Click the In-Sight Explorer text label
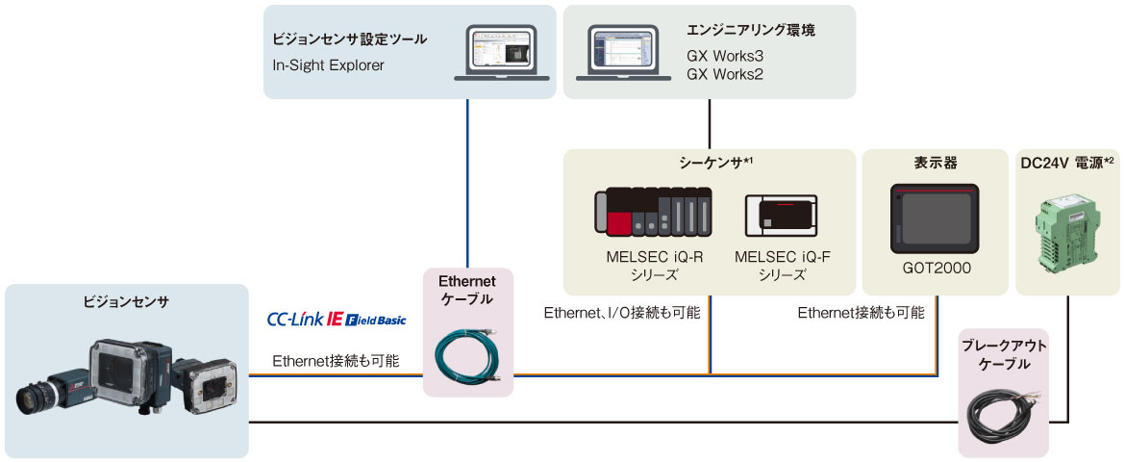328,65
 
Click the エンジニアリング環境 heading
751,31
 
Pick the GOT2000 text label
935,269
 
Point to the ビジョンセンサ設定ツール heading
350,39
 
